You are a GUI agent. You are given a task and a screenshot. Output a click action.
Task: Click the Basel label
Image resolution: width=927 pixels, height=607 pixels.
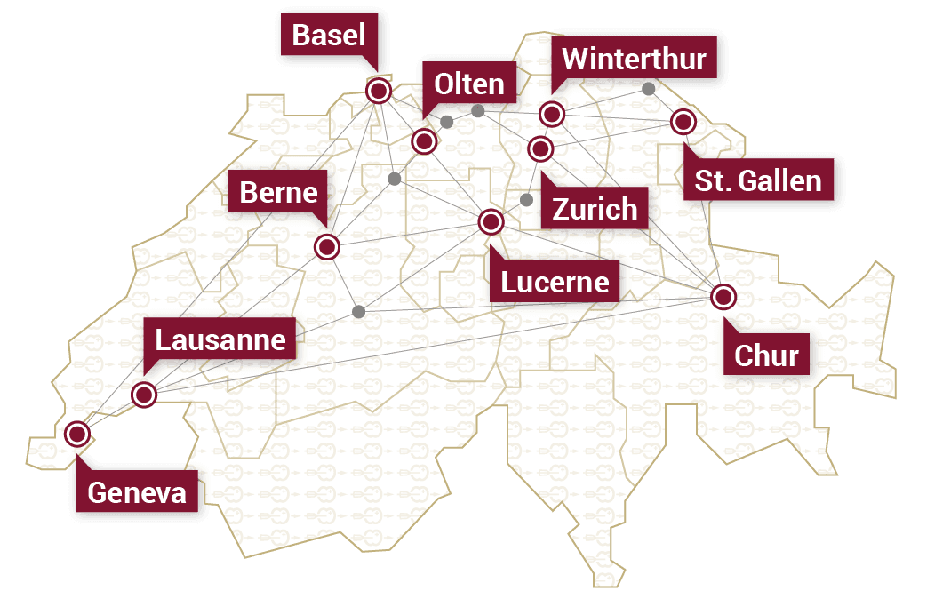coord(329,36)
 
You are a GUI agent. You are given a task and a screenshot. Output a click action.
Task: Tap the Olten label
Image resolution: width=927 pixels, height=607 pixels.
coord(468,84)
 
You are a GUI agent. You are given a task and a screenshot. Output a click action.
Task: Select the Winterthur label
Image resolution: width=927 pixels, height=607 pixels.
coord(634,60)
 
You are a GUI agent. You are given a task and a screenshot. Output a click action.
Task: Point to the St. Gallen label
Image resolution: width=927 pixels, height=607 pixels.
coord(758,181)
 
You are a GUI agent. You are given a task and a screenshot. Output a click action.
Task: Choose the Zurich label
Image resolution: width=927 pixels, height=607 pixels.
coord(595,209)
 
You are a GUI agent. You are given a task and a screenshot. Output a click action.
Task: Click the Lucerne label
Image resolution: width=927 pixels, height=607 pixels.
coord(555,282)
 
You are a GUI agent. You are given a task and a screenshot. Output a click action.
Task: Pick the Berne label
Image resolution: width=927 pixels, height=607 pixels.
coord(278,192)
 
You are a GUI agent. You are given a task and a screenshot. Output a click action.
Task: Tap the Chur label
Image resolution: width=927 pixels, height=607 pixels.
coord(766,355)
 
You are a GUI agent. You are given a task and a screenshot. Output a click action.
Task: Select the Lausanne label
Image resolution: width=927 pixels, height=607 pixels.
coord(220,339)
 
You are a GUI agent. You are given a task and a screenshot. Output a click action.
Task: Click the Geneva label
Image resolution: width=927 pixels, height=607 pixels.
coord(137,492)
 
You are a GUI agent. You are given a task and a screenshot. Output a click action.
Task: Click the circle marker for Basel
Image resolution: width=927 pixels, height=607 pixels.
coord(379,91)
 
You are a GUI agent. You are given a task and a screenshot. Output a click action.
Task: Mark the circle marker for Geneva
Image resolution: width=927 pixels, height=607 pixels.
coord(77,435)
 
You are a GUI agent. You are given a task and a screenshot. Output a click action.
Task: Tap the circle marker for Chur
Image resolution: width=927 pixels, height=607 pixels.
coord(723,297)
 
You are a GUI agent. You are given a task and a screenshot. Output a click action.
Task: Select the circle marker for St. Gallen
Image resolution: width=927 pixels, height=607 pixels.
coord(683,122)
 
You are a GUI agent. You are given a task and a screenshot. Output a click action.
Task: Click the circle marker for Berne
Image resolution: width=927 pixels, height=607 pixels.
coord(327,246)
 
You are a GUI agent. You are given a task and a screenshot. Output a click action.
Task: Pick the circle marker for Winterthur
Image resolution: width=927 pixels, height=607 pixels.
coord(552,114)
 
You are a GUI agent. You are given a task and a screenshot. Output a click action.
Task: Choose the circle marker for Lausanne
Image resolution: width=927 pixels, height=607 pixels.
coord(143,394)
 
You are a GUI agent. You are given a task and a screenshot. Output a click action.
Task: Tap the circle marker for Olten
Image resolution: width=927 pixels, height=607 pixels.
coord(424,140)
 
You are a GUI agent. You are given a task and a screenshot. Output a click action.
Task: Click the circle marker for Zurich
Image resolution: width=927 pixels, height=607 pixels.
coord(540,148)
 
